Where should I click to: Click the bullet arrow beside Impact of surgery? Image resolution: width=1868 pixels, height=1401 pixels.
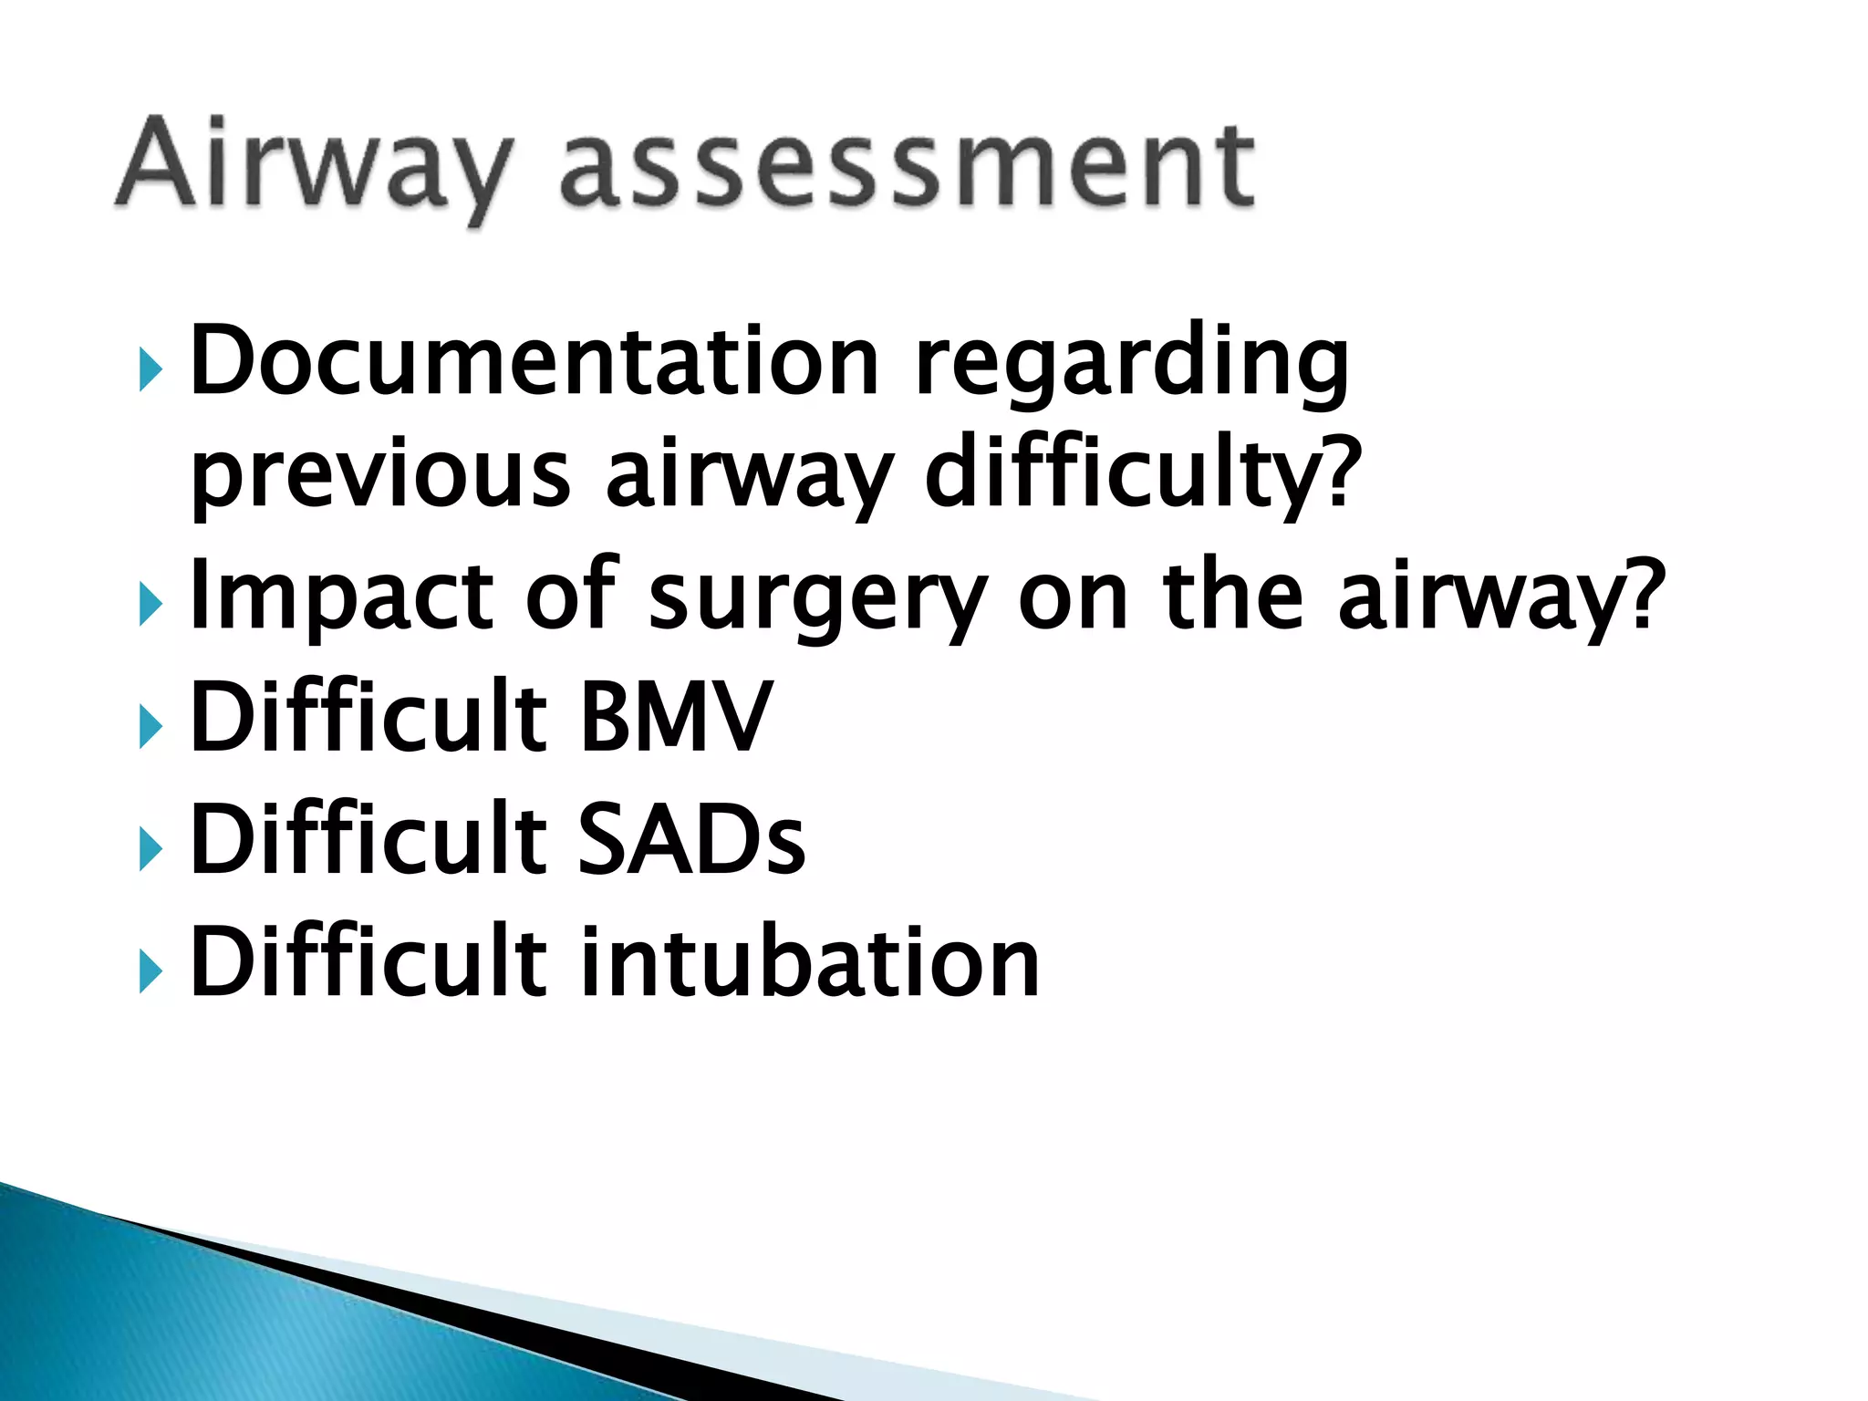tap(151, 606)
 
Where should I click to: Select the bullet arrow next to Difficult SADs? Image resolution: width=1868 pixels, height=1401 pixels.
tap(151, 850)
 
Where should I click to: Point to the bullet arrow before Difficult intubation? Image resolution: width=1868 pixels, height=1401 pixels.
tap(151, 972)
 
